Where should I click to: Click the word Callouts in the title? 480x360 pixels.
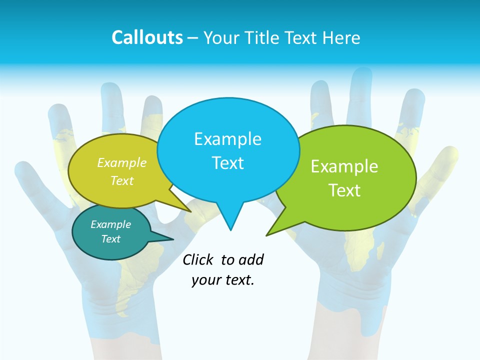(x=147, y=38)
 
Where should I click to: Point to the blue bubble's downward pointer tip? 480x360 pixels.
(x=230, y=229)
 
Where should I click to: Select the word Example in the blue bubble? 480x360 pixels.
(x=227, y=139)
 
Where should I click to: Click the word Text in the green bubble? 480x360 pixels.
(x=344, y=190)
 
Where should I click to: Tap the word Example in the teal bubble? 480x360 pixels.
(x=110, y=224)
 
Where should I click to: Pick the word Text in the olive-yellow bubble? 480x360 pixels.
(x=122, y=180)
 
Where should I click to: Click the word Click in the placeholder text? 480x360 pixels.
(x=197, y=259)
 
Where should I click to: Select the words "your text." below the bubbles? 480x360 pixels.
(x=223, y=280)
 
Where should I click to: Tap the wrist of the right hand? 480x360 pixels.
(x=350, y=310)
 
